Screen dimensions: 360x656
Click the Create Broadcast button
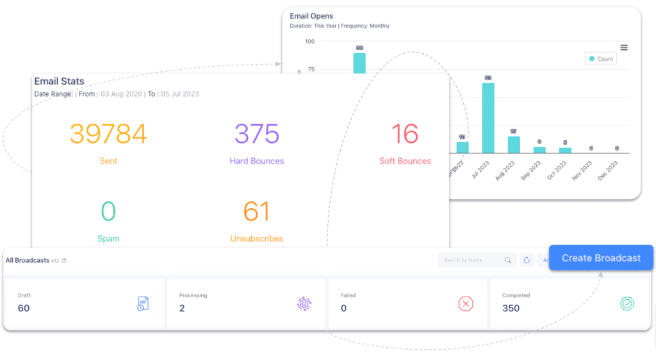[x=601, y=258]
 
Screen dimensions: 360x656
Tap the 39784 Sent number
[x=108, y=134]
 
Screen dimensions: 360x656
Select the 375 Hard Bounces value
[x=256, y=134]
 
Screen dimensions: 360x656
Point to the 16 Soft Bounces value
[x=405, y=134]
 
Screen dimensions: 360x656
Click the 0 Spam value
[x=108, y=212]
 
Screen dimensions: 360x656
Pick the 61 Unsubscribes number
[x=256, y=212]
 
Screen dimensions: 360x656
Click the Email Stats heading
[x=60, y=81]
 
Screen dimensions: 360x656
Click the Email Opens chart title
[x=311, y=16]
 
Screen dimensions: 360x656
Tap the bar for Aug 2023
[x=514, y=145]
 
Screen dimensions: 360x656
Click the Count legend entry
[x=600, y=59]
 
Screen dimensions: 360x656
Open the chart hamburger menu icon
[x=624, y=47]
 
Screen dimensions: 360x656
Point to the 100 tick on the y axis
[x=309, y=42]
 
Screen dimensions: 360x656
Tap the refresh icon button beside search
[x=527, y=260]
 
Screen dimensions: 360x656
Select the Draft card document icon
[x=143, y=304]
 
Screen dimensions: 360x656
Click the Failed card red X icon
[x=466, y=304]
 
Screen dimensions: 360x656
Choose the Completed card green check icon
[x=627, y=304]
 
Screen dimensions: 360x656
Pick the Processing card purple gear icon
[x=304, y=304]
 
